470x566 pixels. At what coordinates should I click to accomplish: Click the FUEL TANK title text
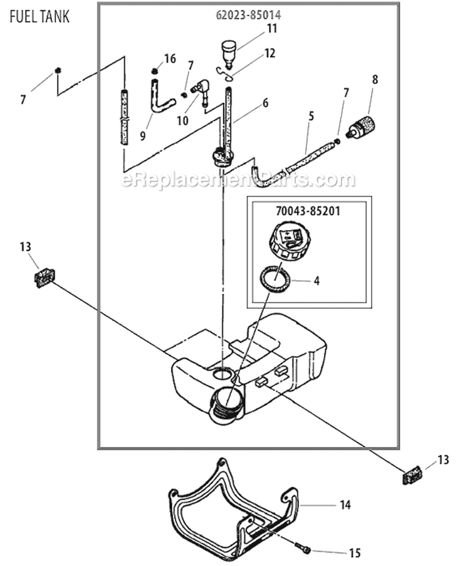pos(39,16)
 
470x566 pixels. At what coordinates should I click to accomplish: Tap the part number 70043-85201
pos(308,211)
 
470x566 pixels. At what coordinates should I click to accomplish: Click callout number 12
pos(269,54)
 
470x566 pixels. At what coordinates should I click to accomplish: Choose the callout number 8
pos(375,80)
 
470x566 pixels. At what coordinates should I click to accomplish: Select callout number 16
pos(170,59)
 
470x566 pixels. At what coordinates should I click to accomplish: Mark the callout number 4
pos(316,281)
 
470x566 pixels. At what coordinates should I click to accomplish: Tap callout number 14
pos(345,504)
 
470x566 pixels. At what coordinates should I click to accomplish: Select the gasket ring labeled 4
pos(276,277)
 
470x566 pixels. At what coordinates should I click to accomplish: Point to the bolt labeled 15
pos(306,550)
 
